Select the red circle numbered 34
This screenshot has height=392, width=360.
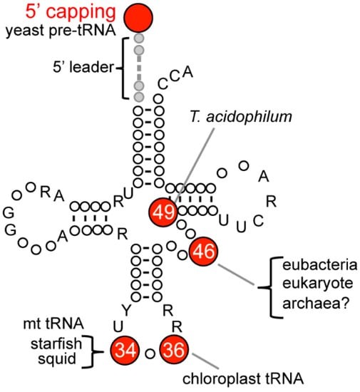pos(125,350)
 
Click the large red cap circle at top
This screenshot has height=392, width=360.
pos(138,16)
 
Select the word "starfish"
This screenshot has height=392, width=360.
pos(53,345)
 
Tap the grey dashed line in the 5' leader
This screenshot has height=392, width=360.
pos(140,68)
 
